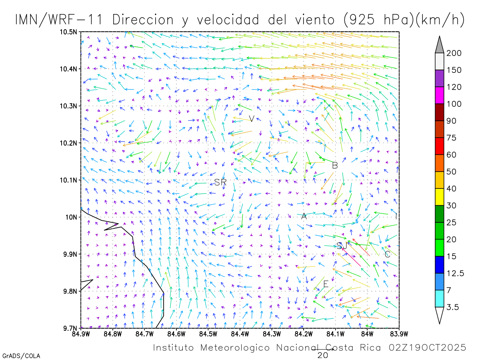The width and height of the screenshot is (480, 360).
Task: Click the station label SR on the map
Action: (220, 182)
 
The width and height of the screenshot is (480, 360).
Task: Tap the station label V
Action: (252, 119)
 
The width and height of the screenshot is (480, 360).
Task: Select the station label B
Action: (335, 165)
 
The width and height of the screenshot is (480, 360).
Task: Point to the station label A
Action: (304, 216)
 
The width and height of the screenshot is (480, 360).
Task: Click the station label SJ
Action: (342, 246)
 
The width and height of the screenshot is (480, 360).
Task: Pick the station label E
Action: (326, 284)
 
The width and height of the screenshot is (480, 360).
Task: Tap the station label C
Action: (387, 254)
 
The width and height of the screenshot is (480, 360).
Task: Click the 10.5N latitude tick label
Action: (68, 32)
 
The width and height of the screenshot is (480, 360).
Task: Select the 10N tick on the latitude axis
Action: (72, 217)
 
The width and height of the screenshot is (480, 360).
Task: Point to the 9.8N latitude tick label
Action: (70, 291)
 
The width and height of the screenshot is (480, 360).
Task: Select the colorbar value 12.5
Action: (456, 273)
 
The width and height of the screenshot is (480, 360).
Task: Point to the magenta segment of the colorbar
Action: (440, 95)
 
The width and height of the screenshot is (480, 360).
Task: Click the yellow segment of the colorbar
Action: (440, 197)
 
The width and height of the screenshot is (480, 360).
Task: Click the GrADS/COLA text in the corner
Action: (21, 356)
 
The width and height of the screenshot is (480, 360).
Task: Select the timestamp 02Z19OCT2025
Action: (427, 348)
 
